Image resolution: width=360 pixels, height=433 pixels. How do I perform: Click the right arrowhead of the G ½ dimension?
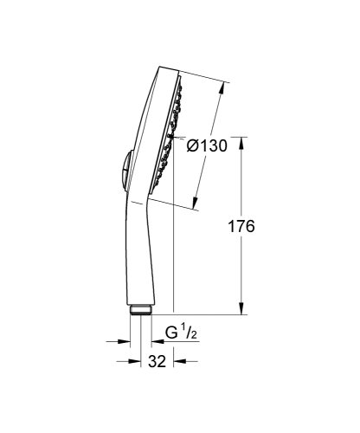[x=150, y=339]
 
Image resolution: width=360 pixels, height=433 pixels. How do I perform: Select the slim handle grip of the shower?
[x=132, y=251]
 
